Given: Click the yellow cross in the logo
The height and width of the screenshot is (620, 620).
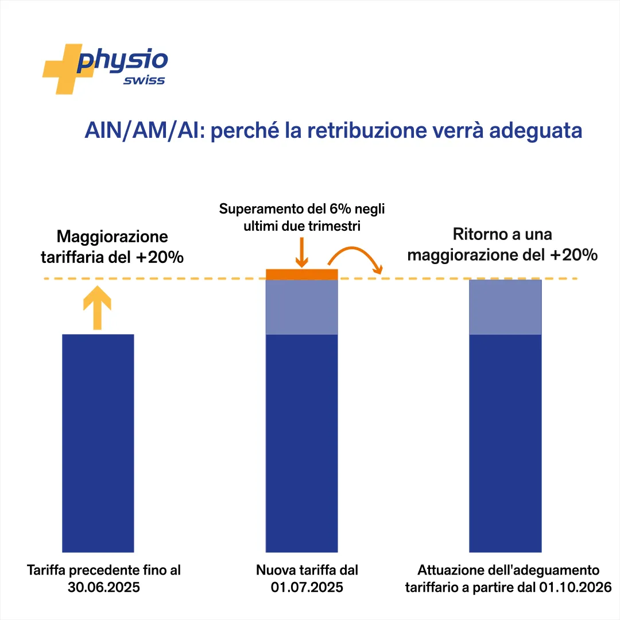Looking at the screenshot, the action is point(63,69).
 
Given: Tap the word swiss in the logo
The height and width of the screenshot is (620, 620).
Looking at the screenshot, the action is point(144,80).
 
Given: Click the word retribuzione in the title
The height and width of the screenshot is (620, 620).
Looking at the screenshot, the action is point(367,130).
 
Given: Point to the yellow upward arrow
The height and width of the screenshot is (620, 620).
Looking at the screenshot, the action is point(97,308).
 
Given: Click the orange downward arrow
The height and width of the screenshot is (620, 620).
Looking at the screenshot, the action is point(302,252).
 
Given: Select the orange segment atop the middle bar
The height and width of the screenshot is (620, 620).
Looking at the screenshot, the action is point(302,274).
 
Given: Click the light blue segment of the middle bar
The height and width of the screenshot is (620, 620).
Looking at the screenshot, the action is point(302,307).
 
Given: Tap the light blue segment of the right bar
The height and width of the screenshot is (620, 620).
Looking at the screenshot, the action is point(505,307).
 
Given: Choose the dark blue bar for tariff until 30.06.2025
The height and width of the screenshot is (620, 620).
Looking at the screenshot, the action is point(98,443).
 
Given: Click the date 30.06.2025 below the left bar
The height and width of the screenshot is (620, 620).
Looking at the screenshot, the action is point(103,587).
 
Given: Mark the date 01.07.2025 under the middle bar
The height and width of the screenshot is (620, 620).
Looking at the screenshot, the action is point(307,587).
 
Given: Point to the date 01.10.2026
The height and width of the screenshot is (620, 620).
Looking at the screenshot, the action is point(575,587).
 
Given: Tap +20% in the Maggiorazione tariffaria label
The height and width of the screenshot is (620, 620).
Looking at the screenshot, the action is point(160,257).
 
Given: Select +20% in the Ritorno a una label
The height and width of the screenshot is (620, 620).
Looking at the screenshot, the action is point(573,255).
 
